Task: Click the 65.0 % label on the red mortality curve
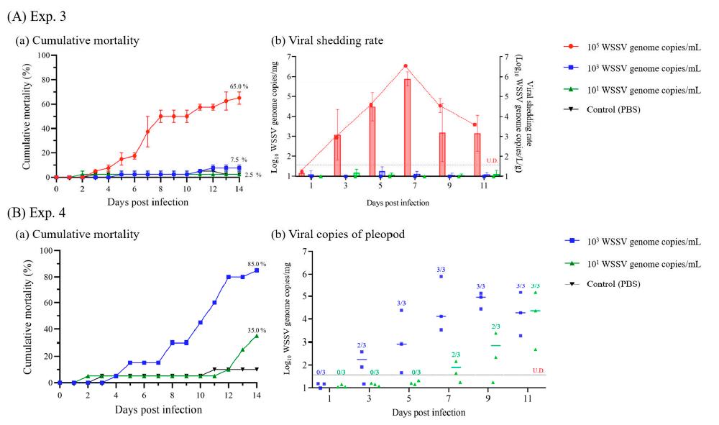239,86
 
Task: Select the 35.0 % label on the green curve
257,330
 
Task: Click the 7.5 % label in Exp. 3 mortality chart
239,160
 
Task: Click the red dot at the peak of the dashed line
406,66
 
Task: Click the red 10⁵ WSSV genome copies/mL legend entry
633,48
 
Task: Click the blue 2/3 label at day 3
362,345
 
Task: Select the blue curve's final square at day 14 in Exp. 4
257,270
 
